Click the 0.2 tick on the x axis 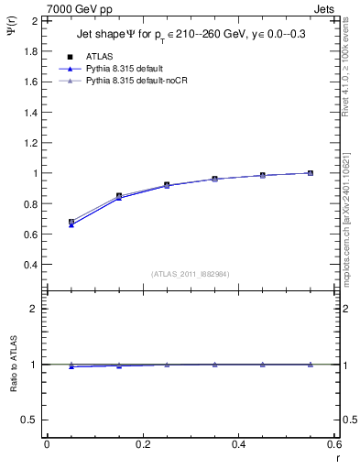click(143, 444)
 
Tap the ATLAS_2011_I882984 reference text click(190, 274)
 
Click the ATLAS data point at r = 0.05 click(71, 222)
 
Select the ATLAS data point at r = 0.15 click(119, 196)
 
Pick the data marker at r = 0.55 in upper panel click(311, 173)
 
